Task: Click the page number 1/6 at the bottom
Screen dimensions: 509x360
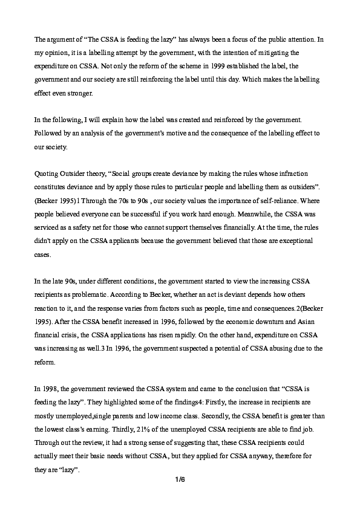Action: (x=180, y=480)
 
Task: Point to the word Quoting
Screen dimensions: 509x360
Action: (x=47, y=174)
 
